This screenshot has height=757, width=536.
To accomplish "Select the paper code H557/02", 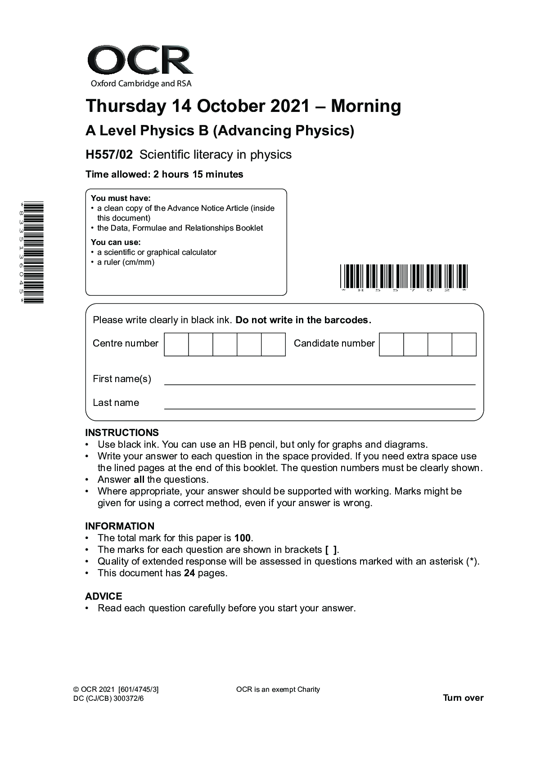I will [x=109, y=155].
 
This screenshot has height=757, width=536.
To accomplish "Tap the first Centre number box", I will [x=176, y=344].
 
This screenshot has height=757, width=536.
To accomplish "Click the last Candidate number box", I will [x=464, y=344].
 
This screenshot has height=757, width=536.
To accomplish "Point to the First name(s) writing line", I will [x=320, y=384].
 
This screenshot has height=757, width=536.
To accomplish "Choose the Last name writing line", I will [x=320, y=408].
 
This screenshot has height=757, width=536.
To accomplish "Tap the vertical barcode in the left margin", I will [x=33, y=253].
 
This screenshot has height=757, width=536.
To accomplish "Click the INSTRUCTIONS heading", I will [x=122, y=433].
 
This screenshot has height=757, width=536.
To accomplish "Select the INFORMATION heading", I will [x=120, y=526].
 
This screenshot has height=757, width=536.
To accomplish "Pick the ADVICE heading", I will [x=104, y=596].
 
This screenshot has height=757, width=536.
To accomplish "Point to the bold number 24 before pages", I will [x=189, y=573].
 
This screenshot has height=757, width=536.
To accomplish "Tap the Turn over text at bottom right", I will [x=463, y=698].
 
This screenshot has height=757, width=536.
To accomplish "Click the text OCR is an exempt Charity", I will [x=278, y=690].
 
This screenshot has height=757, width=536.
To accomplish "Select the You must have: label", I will [x=121, y=198].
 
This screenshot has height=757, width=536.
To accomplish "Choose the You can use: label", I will [x=116, y=242].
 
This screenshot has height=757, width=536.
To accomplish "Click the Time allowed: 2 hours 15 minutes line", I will [x=164, y=174].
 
